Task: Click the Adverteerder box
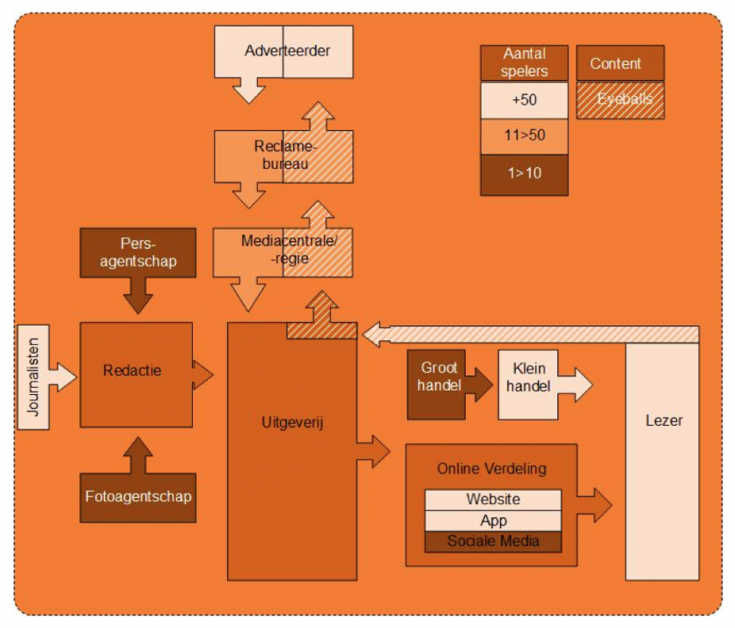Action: pos(283,51)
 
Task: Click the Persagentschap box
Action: pos(137,252)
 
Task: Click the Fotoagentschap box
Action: pos(137,497)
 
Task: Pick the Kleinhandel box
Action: pos(530,376)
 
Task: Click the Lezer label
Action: pos(662,420)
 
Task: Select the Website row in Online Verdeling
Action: pos(493,500)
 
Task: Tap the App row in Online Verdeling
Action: pos(493,521)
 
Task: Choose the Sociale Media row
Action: pos(493,542)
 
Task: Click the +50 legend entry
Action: pos(524,100)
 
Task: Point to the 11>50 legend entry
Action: pos(524,136)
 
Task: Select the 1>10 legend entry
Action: pos(524,173)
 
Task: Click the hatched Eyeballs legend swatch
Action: pos(621,100)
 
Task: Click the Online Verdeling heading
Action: pos(491,469)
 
